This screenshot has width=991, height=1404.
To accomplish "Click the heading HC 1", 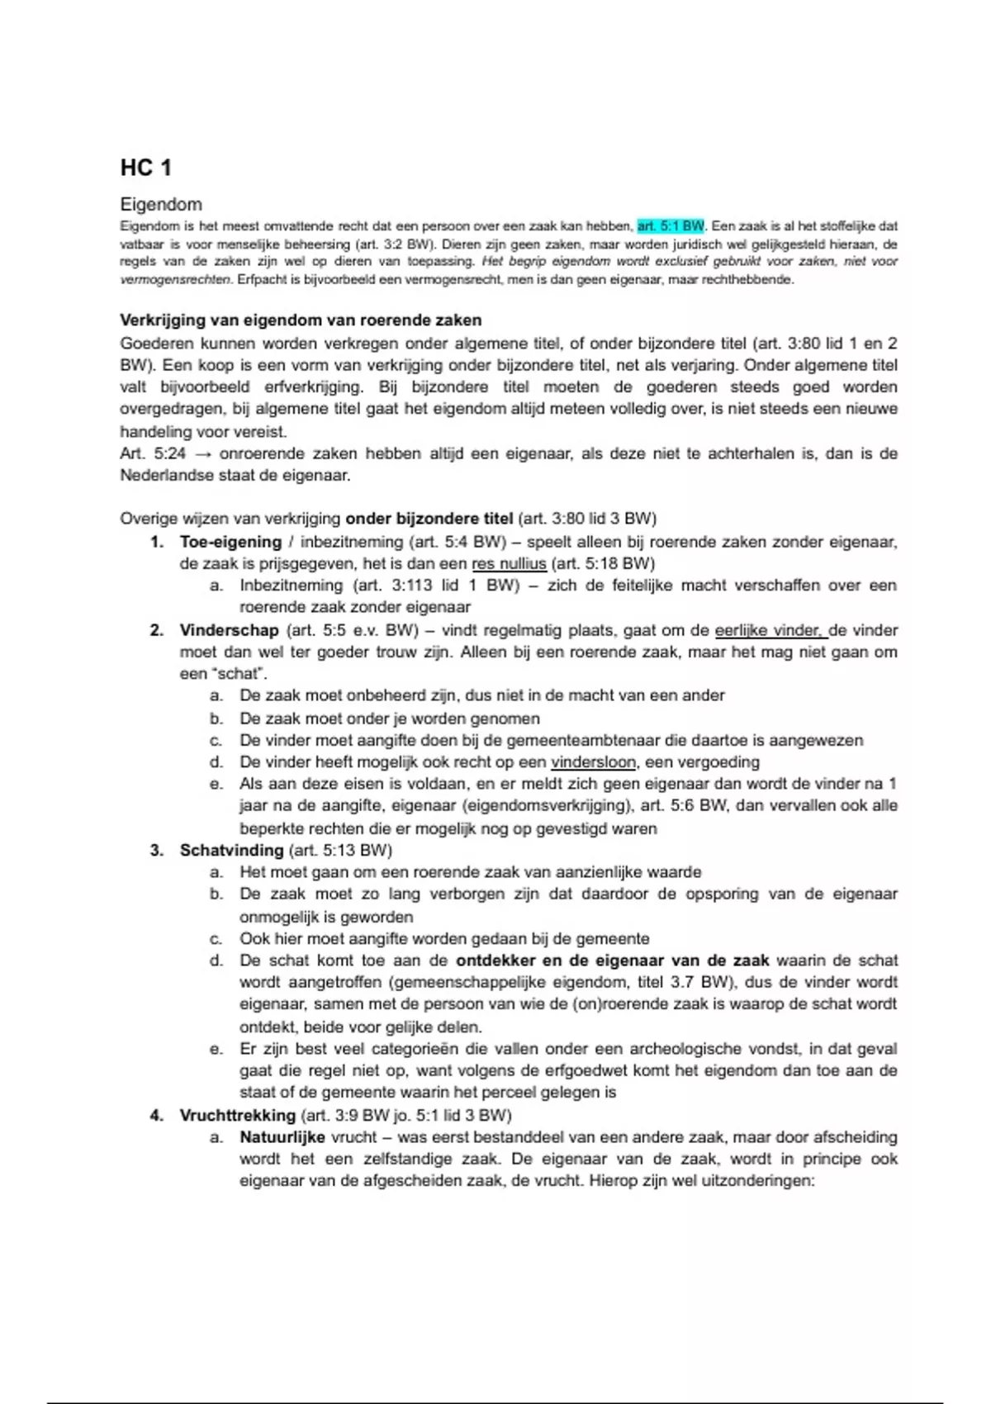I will click(145, 168).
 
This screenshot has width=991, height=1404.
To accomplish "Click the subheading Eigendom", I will click(161, 204).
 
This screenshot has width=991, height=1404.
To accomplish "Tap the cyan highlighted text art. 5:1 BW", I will click(671, 225).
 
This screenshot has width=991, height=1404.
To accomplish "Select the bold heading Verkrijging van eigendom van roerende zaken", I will click(301, 320).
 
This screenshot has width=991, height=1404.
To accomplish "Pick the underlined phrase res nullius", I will click(509, 563).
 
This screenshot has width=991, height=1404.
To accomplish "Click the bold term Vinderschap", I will click(229, 630).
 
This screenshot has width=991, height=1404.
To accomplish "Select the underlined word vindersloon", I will click(593, 761).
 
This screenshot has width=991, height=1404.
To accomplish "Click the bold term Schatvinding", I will click(231, 850).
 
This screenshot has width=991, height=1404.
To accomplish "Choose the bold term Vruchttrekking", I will click(237, 1115).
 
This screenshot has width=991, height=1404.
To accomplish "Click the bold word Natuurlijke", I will click(282, 1136).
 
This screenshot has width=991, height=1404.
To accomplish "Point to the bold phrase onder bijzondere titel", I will click(429, 519).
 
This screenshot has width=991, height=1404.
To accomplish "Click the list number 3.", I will click(157, 850).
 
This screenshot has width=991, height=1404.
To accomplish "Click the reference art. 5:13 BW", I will click(339, 850).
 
